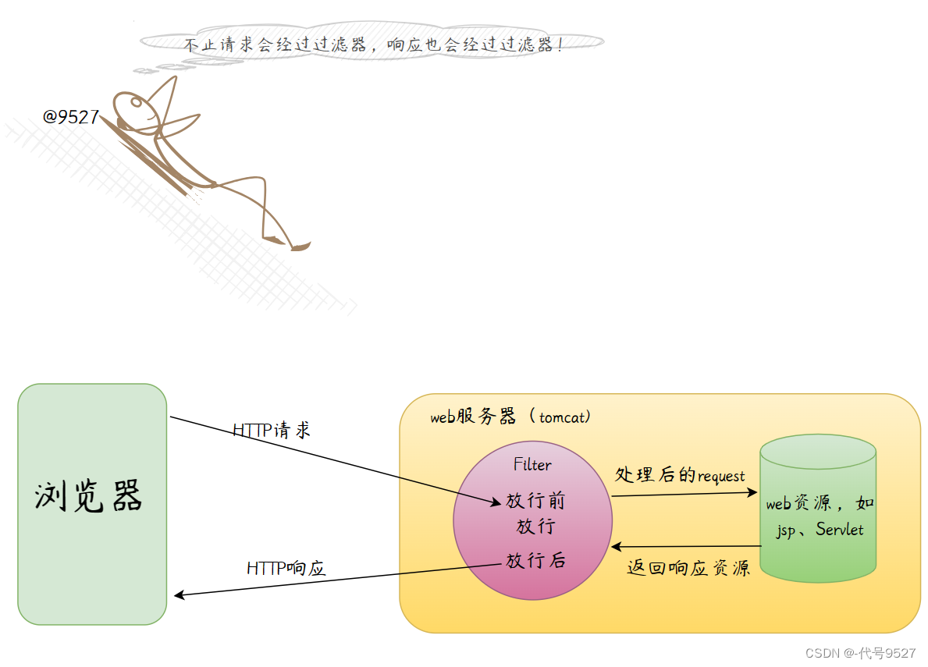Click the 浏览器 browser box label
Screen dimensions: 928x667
click(89, 497)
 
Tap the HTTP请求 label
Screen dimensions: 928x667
click(272, 431)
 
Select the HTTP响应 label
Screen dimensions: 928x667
click(286, 568)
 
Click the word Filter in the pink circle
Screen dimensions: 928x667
click(532, 465)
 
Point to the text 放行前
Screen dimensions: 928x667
click(535, 501)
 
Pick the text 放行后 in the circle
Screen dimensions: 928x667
click(535, 560)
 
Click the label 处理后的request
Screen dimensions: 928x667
click(680, 475)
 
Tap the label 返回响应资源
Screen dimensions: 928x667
click(688, 568)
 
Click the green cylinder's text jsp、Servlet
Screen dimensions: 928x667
click(819, 530)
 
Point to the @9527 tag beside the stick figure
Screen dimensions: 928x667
click(71, 118)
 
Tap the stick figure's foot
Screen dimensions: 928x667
click(300, 247)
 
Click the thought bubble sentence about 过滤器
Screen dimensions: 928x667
click(373, 44)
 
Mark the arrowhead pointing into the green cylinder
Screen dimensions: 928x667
click(753, 492)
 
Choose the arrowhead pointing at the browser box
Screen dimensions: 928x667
click(179, 595)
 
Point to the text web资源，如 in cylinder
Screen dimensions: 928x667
click(819, 504)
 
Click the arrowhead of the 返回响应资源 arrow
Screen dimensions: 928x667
click(617, 547)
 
